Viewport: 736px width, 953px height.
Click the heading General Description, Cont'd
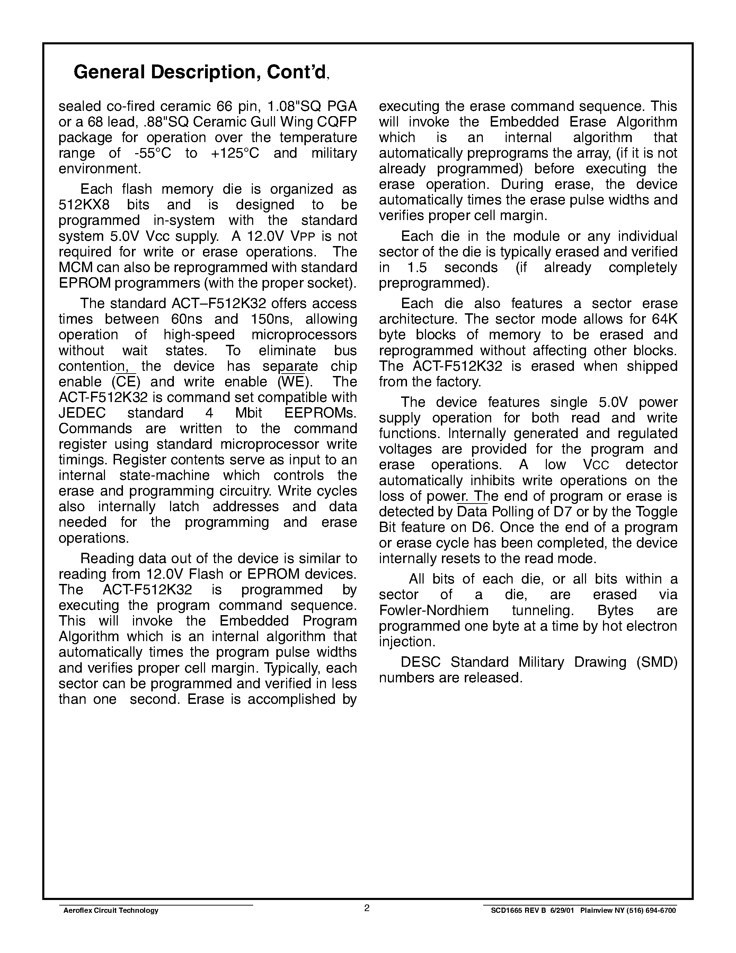[201, 72]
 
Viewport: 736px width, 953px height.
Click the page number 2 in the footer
[367, 908]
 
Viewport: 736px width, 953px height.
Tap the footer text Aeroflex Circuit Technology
[111, 911]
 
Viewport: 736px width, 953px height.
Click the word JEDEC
[82, 413]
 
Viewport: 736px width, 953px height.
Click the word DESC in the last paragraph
[420, 662]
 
